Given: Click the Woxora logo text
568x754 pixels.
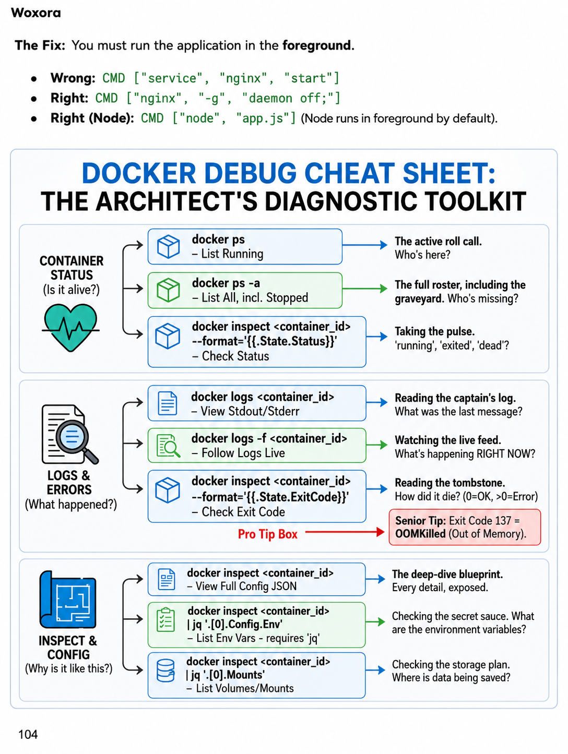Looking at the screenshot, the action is point(35,13).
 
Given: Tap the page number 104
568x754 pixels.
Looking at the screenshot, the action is point(28,734).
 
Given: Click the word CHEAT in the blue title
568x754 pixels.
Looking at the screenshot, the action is point(348,173).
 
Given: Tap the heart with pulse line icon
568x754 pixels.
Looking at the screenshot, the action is point(71,327).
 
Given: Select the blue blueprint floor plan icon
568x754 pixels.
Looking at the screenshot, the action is point(68,600).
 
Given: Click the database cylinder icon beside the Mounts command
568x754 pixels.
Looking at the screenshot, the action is point(165,670).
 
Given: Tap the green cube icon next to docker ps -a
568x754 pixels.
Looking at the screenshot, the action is point(168,290).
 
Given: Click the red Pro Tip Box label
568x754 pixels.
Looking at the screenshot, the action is point(267,534).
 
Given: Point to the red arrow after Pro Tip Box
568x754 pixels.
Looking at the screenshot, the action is point(345,532).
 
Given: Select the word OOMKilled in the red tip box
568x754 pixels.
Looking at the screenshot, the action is point(420,533).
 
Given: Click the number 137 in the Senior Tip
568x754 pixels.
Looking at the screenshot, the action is point(501,521).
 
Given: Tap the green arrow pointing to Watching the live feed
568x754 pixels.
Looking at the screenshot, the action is point(376,445).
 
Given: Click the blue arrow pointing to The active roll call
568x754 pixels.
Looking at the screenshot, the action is point(365,245).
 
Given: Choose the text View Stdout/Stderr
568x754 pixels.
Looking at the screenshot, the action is point(250,411).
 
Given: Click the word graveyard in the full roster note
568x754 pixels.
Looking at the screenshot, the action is point(419,298).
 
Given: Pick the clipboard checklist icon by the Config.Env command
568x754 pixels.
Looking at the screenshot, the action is point(165,620).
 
